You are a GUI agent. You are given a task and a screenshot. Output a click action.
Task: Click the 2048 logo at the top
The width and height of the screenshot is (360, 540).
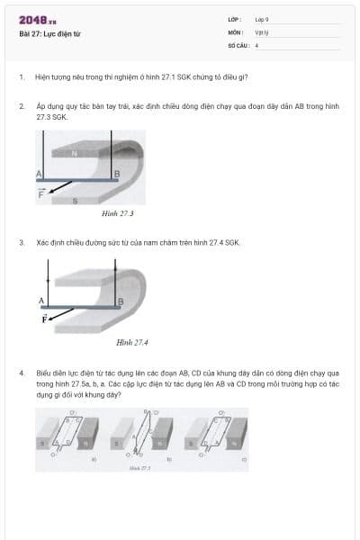point(37,21)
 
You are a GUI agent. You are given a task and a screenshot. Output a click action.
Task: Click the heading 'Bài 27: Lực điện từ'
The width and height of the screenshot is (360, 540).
point(49,34)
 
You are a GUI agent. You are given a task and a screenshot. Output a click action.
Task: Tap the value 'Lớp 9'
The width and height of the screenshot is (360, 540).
point(261,19)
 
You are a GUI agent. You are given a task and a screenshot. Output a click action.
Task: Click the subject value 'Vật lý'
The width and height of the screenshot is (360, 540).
point(261,31)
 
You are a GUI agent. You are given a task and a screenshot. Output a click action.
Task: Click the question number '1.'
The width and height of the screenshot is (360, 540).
point(22,78)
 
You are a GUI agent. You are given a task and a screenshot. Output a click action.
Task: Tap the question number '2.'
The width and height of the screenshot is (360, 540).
point(22,105)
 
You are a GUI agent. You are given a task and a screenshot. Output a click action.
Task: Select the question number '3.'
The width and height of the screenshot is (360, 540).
point(22,242)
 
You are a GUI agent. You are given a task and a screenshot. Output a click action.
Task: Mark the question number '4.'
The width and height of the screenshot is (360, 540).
point(22,372)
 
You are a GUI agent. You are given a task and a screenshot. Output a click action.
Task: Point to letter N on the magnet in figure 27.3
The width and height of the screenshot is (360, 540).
point(75,153)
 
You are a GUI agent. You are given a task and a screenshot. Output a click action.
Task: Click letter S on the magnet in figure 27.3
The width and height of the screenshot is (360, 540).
point(75,200)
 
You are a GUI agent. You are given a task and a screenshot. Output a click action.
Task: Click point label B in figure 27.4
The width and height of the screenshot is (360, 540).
point(121,301)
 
